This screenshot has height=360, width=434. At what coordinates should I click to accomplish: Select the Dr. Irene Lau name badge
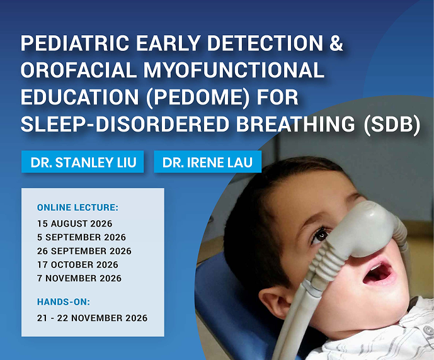(x=207, y=162)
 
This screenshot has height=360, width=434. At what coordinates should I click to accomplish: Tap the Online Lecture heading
(x=77, y=207)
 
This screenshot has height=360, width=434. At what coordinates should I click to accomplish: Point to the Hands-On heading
(x=64, y=301)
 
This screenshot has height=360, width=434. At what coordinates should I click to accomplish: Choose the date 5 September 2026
(x=81, y=237)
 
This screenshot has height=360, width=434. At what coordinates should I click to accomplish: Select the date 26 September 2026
(x=84, y=251)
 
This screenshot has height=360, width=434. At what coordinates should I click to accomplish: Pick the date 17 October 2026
(x=77, y=264)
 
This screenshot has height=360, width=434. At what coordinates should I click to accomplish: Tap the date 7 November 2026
(x=79, y=278)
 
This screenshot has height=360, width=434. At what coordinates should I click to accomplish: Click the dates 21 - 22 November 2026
(x=93, y=318)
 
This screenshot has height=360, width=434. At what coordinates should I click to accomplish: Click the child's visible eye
(x=320, y=235)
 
